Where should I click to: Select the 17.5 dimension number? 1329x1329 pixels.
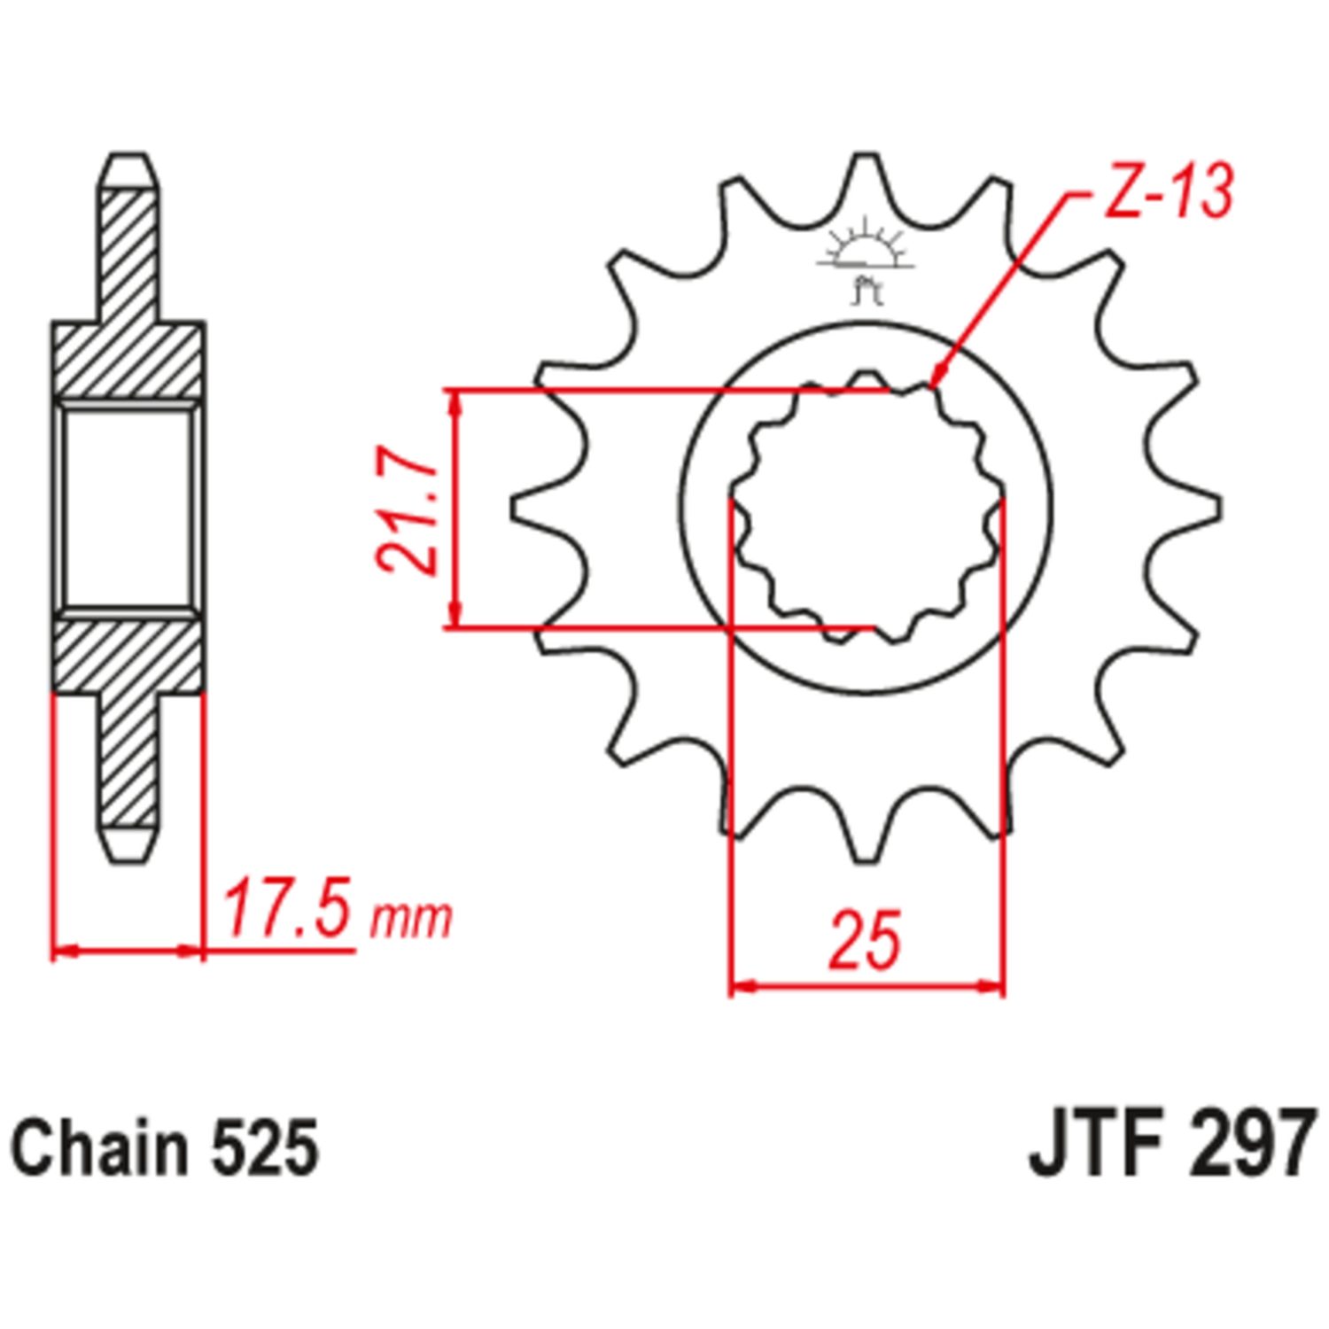(287, 908)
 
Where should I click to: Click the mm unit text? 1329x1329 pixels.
(410, 920)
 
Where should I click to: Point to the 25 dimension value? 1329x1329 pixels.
(864, 937)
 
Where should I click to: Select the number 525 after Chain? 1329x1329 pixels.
(264, 1148)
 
